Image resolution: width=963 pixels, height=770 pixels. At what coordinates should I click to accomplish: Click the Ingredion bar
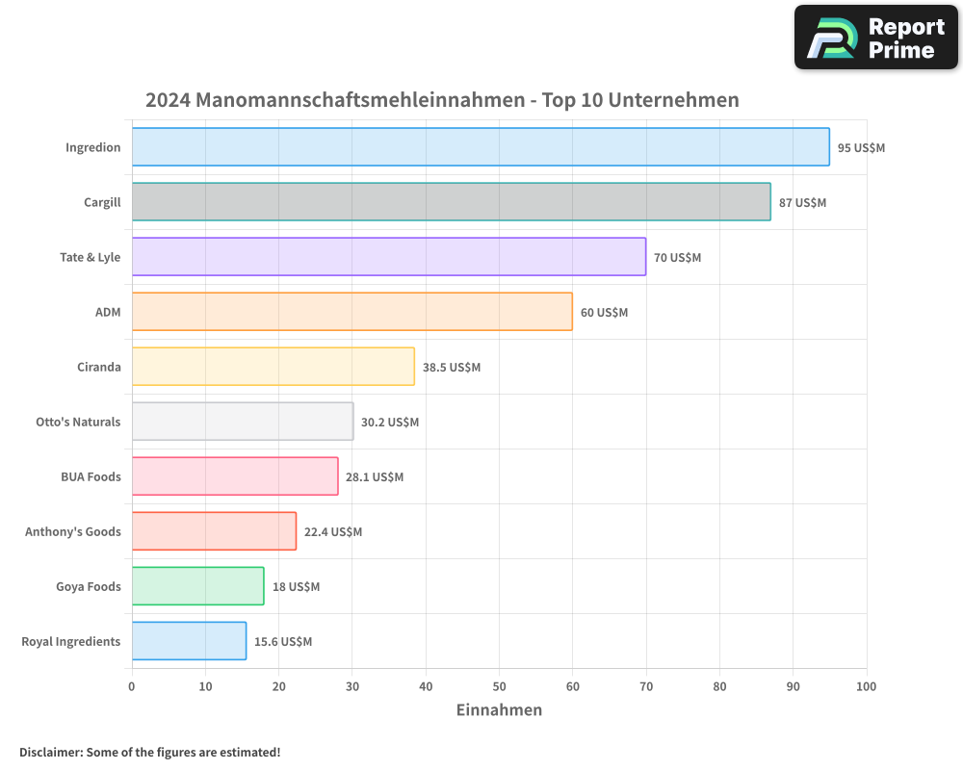click(480, 147)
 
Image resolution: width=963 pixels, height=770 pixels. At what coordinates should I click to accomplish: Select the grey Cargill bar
click(451, 202)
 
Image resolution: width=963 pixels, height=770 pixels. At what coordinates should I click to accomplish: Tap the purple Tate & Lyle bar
click(388, 257)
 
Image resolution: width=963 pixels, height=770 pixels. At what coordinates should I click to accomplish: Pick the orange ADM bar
click(351, 312)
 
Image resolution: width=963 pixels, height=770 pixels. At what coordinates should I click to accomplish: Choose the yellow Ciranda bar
click(273, 367)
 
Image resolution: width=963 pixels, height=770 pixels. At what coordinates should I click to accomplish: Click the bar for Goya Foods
click(197, 586)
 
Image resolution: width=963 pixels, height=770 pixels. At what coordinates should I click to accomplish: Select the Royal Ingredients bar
click(189, 641)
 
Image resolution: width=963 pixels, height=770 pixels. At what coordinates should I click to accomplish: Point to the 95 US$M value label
click(861, 148)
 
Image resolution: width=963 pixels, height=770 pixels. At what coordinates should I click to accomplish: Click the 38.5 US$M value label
click(451, 368)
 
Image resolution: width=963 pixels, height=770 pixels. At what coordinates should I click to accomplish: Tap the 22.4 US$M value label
click(333, 532)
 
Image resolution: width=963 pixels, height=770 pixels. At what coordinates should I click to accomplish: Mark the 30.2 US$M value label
click(390, 423)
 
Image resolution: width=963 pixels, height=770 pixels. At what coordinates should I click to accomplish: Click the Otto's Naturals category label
click(78, 422)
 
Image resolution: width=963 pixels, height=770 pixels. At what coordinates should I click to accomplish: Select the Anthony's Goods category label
click(73, 531)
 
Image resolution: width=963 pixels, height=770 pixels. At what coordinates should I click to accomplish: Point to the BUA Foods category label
click(91, 476)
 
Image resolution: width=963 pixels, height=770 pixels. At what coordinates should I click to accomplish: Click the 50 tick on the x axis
click(499, 686)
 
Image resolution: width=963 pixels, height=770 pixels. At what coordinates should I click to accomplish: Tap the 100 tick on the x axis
click(866, 686)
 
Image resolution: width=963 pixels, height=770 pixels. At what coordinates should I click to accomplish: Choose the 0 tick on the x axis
click(132, 686)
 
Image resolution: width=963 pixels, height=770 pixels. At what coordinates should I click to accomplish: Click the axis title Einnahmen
click(499, 710)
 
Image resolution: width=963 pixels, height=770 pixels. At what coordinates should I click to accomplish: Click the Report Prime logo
click(876, 38)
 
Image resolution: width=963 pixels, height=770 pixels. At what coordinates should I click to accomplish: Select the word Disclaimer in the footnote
click(50, 752)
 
